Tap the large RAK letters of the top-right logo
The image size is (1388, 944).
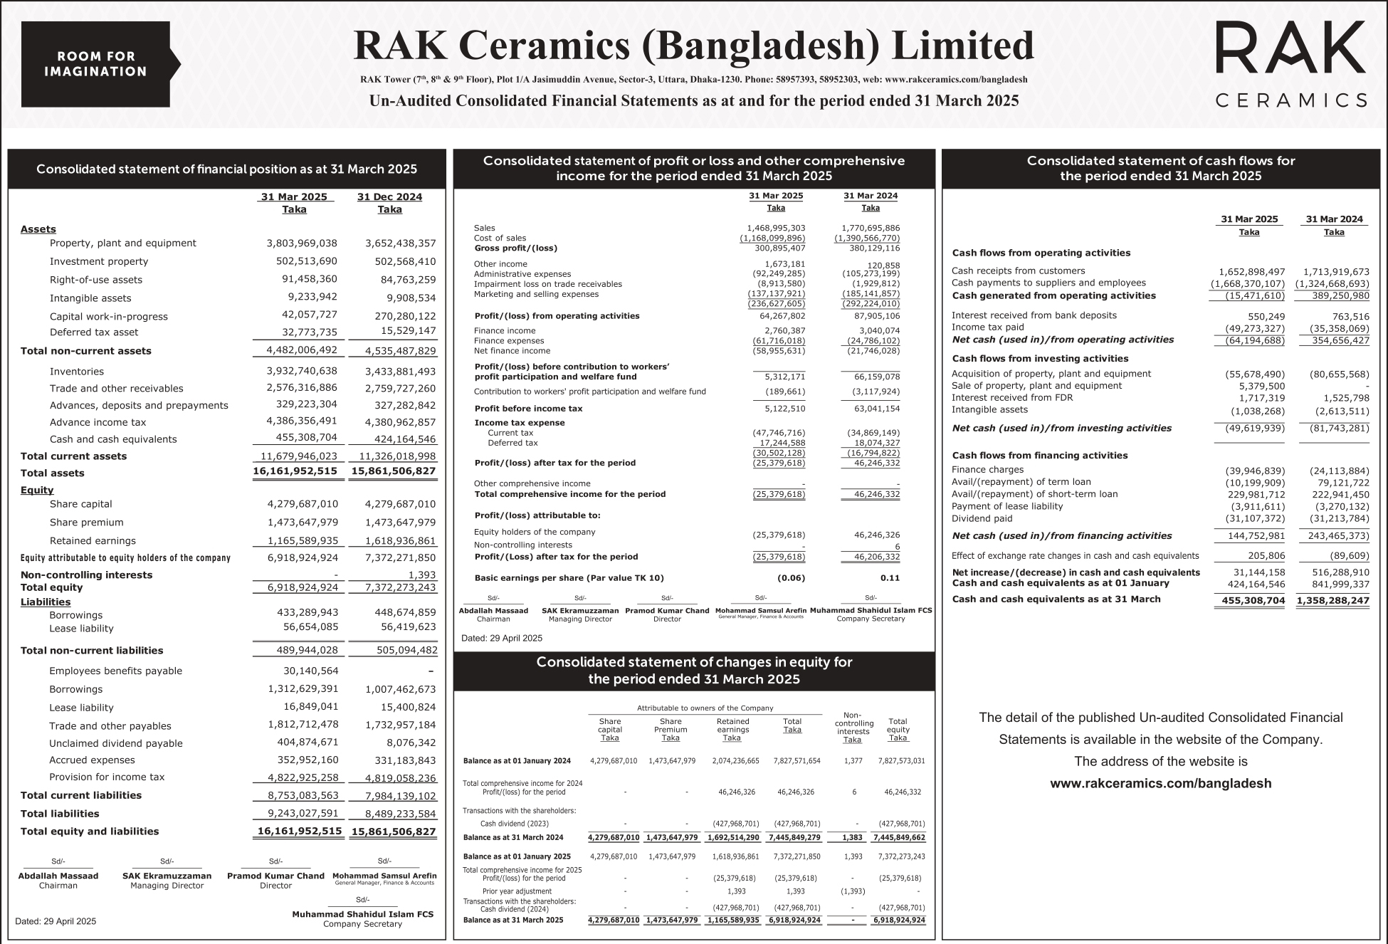tap(1290, 48)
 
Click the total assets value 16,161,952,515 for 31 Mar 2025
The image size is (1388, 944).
tap(295, 472)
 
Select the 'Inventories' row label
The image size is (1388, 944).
tap(77, 372)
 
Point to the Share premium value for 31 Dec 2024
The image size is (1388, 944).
tap(400, 523)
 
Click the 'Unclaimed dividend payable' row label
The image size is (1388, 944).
tap(116, 743)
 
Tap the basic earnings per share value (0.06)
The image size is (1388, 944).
tap(791, 578)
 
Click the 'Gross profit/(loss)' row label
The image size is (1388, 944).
tap(516, 248)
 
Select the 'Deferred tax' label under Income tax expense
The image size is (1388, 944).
tap(512, 443)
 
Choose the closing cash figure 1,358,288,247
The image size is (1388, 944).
tap(1332, 601)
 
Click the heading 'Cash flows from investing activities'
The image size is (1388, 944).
tap(1040, 359)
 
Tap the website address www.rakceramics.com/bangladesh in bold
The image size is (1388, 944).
tap(1160, 784)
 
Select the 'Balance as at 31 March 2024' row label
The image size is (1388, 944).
tap(512, 838)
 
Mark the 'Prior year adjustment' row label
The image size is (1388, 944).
tap(517, 891)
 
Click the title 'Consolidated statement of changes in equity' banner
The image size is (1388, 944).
tap(694, 671)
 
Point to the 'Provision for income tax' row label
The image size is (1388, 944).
tap(107, 777)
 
